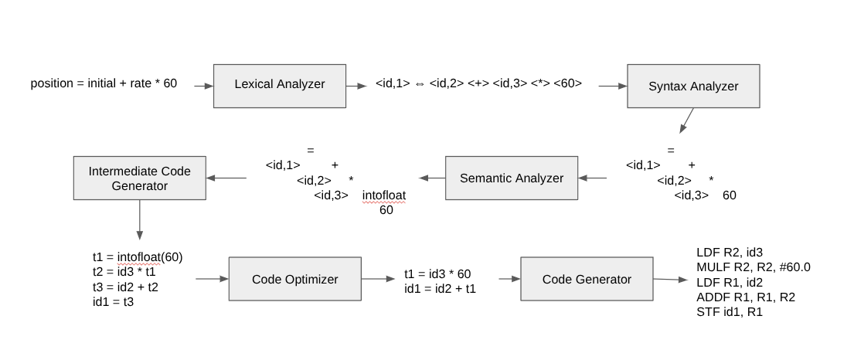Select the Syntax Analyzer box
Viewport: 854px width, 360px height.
coord(693,86)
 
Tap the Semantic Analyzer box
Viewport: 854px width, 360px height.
coord(511,178)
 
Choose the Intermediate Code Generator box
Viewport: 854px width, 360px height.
coord(139,178)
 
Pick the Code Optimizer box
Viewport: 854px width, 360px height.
coord(294,279)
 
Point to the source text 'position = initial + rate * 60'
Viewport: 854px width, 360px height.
coord(104,83)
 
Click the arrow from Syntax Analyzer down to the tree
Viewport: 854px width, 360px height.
coord(686,121)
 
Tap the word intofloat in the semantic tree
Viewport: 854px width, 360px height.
coord(384,195)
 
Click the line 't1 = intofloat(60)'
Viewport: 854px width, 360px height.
coord(137,257)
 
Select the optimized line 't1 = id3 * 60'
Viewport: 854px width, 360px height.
coord(437,274)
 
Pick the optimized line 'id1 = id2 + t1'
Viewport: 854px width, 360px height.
coord(441,288)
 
